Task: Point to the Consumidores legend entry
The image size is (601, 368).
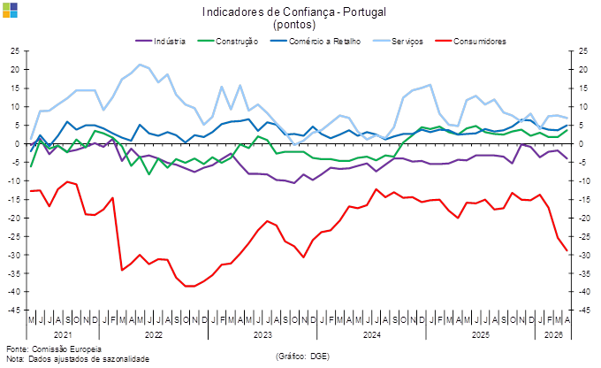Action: tap(484, 41)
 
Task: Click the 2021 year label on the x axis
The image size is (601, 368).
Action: tap(63, 336)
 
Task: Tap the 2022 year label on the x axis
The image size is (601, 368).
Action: tap(154, 336)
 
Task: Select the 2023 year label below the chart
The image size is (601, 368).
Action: tap(262, 336)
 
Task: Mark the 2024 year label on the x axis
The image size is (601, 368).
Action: tap(371, 336)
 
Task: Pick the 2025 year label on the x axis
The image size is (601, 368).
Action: tap(480, 336)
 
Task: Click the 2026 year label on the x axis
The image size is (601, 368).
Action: tap(552, 336)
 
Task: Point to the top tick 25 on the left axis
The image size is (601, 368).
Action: tap(16, 50)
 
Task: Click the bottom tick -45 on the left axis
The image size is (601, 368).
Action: tap(15, 310)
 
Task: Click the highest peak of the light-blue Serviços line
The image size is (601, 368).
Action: tap(141, 64)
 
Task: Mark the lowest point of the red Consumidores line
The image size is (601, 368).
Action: tap(187, 286)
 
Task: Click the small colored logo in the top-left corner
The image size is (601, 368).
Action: tap(8, 11)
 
